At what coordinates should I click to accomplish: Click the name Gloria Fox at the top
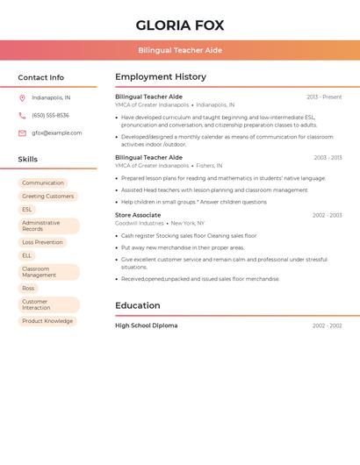pos(180,25)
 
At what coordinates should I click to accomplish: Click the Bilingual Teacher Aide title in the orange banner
pos(180,50)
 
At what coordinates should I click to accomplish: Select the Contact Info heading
pos(41,77)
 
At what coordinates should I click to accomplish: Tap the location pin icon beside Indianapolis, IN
pos(22,97)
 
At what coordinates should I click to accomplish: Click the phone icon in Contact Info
pos(22,115)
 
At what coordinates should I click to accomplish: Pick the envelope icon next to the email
pos(22,133)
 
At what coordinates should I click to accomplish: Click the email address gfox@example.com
pos(57,133)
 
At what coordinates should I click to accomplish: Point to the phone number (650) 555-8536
pos(50,115)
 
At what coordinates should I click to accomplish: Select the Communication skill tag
pos(43,183)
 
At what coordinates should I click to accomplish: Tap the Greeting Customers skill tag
pos(48,197)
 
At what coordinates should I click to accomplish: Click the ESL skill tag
pos(27,210)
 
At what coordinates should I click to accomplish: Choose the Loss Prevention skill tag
pos(42,242)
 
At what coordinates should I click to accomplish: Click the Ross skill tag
pos(29,288)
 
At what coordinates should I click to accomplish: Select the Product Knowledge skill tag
pos(47,321)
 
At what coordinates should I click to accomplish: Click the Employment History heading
pos(161,77)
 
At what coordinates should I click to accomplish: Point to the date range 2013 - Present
pos(324,97)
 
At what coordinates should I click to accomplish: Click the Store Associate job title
pos(138,215)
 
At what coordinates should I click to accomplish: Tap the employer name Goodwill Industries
pos(139,224)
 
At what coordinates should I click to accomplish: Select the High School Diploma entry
pos(146,325)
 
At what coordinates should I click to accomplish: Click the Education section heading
pos(138,305)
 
